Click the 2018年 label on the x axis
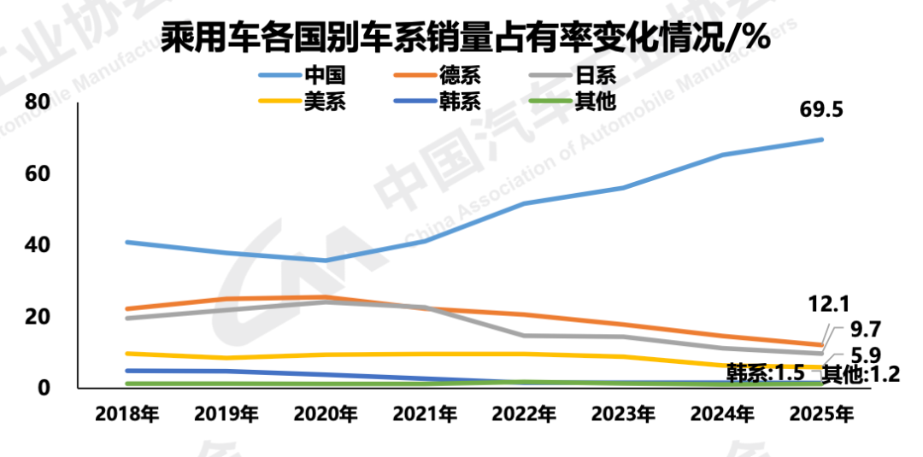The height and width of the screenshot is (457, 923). (127, 415)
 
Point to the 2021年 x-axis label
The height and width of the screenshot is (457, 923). (425, 415)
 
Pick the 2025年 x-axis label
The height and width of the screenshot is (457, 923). (821, 415)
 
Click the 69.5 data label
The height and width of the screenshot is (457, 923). (823, 111)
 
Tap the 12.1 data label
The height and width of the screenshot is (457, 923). (828, 304)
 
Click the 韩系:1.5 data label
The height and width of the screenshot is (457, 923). (765, 372)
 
